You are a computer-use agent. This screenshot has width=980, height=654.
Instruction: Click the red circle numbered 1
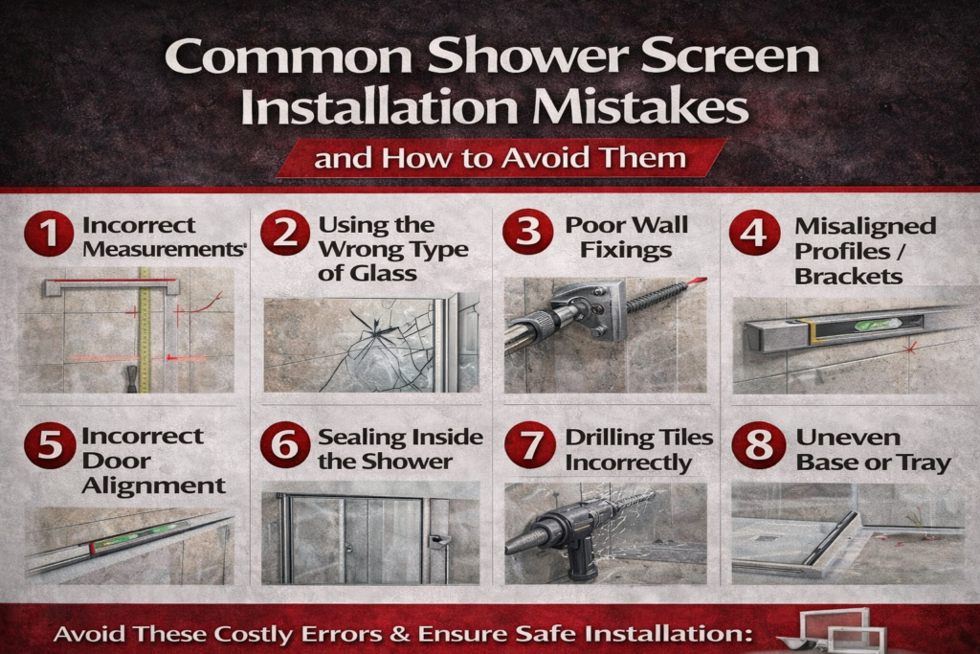tap(49, 234)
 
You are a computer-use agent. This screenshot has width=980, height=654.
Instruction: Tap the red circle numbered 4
tap(754, 233)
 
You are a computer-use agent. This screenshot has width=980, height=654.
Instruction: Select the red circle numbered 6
tap(285, 444)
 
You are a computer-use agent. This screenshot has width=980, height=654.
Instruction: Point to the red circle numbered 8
tap(759, 445)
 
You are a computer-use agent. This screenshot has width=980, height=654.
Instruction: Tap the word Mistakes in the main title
tap(640, 107)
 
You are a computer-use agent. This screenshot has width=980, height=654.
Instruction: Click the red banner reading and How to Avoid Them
tap(501, 158)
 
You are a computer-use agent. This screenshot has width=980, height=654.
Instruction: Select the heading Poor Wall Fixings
tap(626, 237)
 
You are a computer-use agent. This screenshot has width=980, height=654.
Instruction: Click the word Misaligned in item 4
tap(865, 226)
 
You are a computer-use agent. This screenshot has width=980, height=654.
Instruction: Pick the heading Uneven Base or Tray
tap(873, 450)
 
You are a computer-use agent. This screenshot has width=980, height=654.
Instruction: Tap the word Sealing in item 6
tap(360, 438)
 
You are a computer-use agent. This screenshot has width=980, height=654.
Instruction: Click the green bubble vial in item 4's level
tap(879, 324)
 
